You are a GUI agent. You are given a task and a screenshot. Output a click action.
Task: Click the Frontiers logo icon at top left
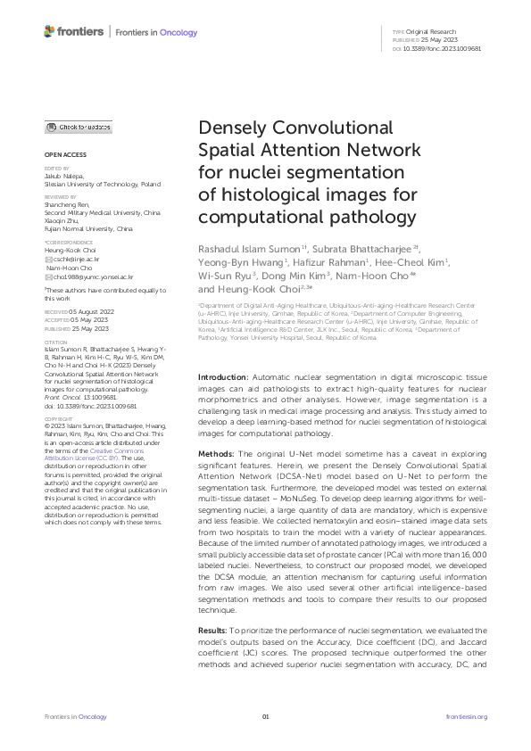tap(49, 32)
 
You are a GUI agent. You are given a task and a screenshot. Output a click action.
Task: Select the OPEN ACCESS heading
tap(62, 154)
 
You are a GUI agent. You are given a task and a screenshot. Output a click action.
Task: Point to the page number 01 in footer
tap(265, 716)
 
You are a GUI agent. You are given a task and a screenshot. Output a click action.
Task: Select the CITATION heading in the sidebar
tap(57, 365)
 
